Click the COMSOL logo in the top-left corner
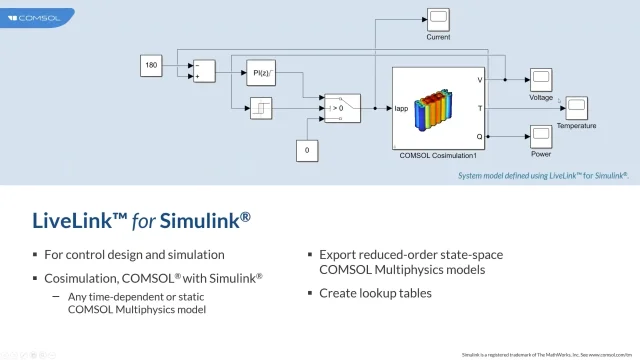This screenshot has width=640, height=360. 34,17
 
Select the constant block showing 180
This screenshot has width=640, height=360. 152,66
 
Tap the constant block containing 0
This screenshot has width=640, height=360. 307,151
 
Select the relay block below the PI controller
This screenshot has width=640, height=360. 259,107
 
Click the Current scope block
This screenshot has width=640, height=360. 438,18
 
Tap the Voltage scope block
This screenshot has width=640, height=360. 540,79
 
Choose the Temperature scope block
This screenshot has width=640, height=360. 576,107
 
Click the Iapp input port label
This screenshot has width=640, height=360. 401,107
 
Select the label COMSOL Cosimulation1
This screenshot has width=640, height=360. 438,155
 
